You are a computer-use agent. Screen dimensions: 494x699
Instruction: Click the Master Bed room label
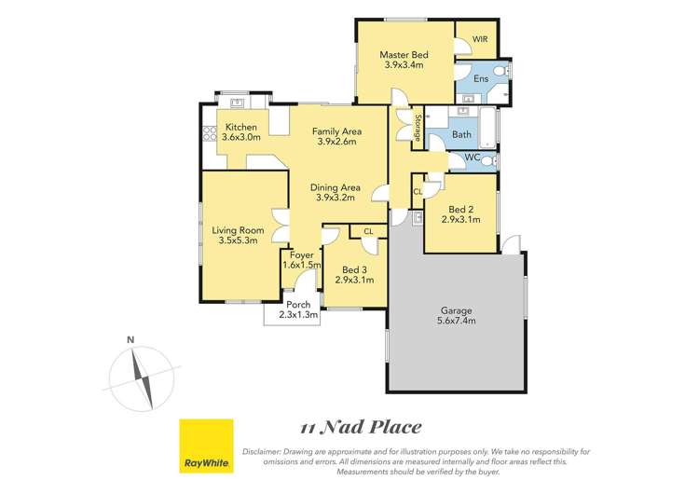pyautogui.click(x=402, y=54)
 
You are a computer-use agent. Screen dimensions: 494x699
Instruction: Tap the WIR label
pyautogui.click(x=480, y=39)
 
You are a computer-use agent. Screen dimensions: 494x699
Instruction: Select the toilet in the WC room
pyautogui.click(x=490, y=160)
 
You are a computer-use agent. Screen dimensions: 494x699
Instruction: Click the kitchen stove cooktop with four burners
pyautogui.click(x=207, y=132)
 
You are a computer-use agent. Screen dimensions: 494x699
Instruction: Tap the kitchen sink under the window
pyautogui.click(x=237, y=103)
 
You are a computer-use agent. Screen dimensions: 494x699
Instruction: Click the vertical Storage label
pyautogui.click(x=418, y=127)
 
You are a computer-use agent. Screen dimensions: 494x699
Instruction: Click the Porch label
pyautogui.click(x=297, y=305)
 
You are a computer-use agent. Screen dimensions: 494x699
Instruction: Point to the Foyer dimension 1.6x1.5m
pyautogui.click(x=302, y=266)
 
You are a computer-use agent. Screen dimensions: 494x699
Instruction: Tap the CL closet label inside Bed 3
pyautogui.click(x=368, y=230)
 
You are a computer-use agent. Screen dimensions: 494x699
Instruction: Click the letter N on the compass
pyautogui.click(x=131, y=339)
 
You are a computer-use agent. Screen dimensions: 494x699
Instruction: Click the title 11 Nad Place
pyautogui.click(x=361, y=428)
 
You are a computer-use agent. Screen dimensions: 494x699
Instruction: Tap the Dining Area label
pyautogui.click(x=337, y=187)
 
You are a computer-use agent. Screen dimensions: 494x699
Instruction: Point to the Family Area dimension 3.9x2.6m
pyautogui.click(x=337, y=142)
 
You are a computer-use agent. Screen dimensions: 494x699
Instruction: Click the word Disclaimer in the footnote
pyautogui.click(x=265, y=451)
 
